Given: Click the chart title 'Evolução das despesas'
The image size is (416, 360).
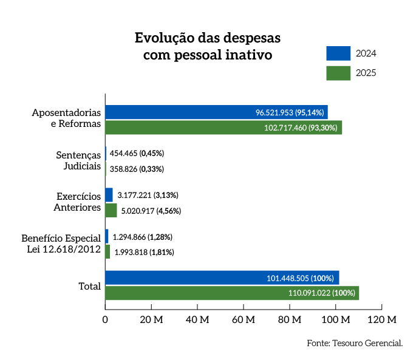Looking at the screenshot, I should click(207, 38).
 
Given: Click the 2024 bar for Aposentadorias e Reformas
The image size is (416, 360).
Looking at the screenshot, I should click(216, 112).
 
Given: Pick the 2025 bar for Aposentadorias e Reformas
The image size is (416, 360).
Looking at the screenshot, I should click(223, 127).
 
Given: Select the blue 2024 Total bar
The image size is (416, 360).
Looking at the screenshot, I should click(222, 278).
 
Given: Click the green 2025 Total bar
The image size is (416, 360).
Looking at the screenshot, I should click(232, 293).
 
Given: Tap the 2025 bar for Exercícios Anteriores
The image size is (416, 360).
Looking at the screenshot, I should click(111, 211).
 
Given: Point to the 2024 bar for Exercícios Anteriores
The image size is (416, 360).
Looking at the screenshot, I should click(109, 195).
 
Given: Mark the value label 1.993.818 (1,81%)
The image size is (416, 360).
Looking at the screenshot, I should click(144, 252).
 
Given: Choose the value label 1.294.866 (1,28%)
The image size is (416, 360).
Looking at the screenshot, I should click(142, 237).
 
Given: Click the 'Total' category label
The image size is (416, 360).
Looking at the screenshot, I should click(89, 286).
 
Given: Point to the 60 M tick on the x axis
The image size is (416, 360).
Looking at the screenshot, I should click(244, 319).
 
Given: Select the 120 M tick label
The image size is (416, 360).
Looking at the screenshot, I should click(382, 319).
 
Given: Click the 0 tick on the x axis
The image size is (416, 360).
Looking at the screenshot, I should click(106, 319).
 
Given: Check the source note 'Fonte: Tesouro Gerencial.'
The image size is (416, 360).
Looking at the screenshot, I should click(355, 344).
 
